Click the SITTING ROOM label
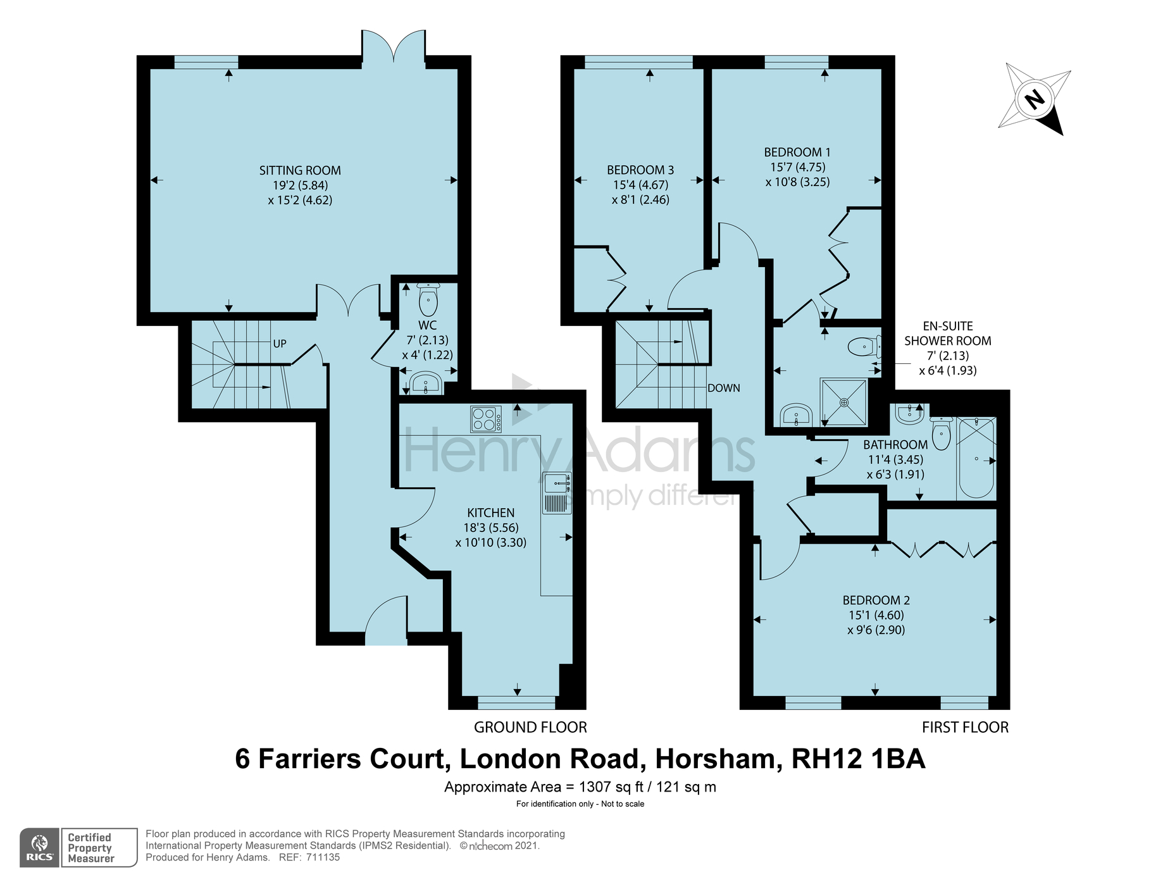300,170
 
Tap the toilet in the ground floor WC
428,300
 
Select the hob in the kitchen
486,419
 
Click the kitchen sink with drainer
557,493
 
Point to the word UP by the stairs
280,344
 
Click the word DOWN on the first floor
724,388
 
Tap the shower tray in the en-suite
844,402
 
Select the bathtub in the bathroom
977,458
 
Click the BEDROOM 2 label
876,600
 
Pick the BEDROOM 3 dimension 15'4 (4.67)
640,185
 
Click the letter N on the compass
1035,99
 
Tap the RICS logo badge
40,847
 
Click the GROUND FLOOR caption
530,728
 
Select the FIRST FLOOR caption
965,728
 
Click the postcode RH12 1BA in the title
859,759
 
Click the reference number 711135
323,857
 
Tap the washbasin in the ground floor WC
426,382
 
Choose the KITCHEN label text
491,513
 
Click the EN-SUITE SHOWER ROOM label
948,333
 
